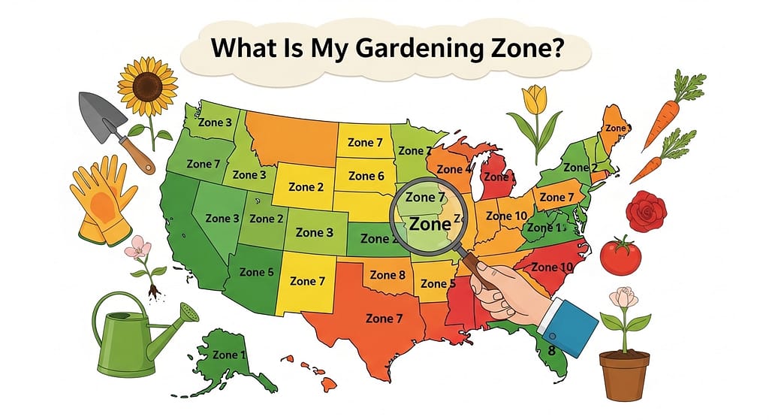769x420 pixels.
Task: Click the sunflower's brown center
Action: [x=147, y=85]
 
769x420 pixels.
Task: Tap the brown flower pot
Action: [x=623, y=376]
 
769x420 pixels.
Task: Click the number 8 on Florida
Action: [x=551, y=350]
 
